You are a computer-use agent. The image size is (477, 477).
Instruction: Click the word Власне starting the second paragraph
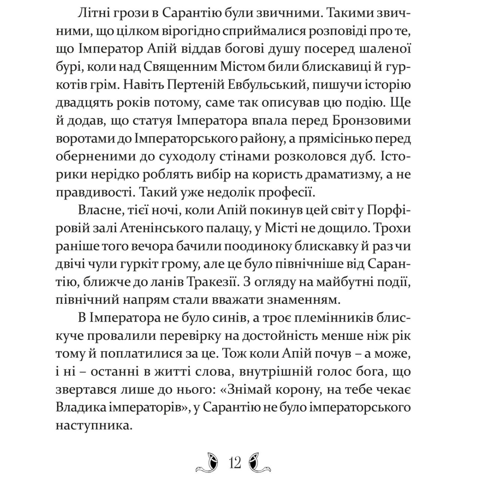[x=97, y=211]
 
